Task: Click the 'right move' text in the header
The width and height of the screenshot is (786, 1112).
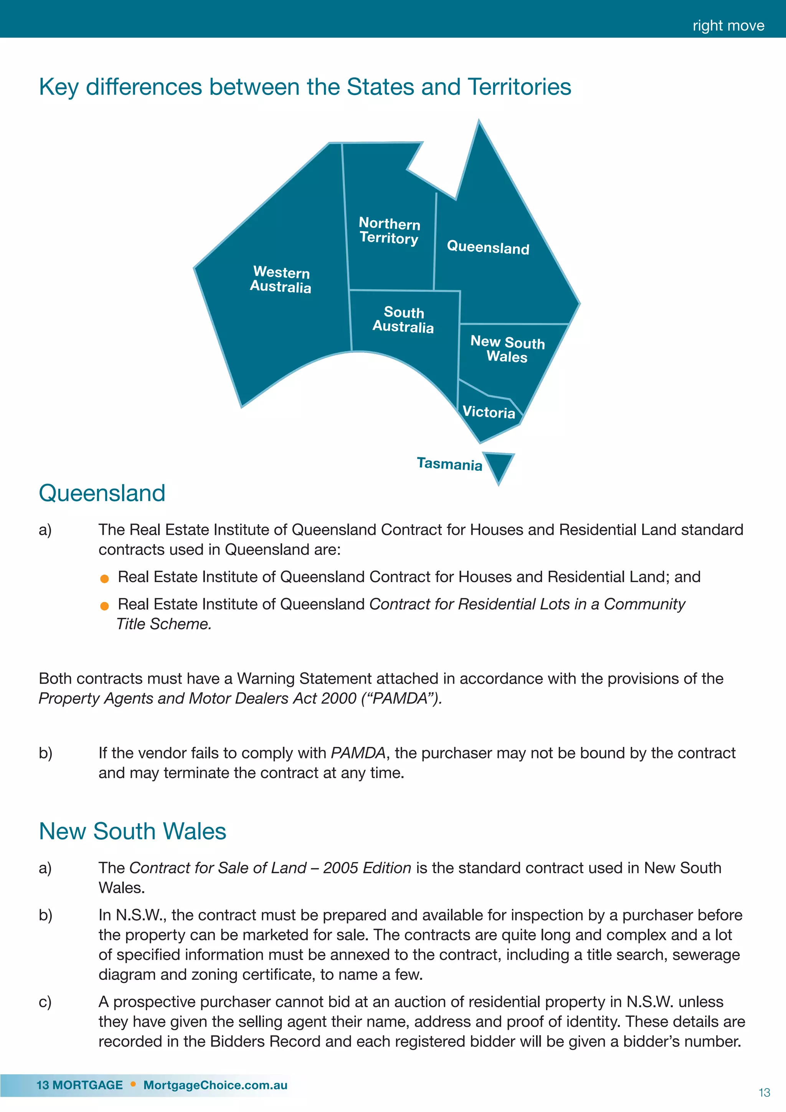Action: click(x=728, y=25)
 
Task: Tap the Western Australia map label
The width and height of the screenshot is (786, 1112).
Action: click(x=281, y=280)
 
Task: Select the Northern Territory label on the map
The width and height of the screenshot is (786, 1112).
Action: click(x=389, y=231)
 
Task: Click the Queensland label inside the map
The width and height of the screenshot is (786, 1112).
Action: click(x=488, y=248)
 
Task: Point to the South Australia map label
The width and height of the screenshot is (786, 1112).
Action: click(x=403, y=319)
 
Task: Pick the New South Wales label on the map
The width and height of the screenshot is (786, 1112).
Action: click(x=507, y=349)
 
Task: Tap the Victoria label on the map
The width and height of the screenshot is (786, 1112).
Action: click(x=489, y=412)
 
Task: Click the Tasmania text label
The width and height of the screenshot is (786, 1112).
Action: click(x=450, y=464)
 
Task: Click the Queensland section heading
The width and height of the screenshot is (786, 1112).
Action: click(x=102, y=493)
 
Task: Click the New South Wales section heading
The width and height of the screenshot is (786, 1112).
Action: click(x=132, y=832)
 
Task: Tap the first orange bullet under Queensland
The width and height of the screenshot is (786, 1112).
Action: click(x=104, y=579)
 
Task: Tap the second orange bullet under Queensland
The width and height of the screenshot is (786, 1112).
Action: click(x=104, y=606)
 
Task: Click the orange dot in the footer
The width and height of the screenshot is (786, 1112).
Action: click(x=133, y=1084)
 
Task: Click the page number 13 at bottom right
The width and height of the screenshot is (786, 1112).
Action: click(x=764, y=1093)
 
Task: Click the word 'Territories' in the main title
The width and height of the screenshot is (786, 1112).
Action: click(x=520, y=87)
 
